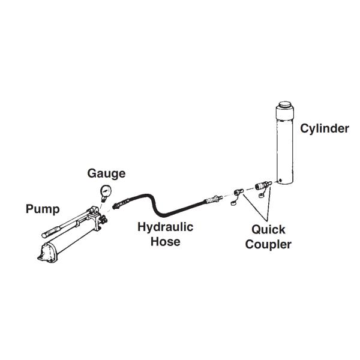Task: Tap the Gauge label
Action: pos(106,174)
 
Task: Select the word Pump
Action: pos(43,209)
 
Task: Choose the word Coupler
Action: pos(268,244)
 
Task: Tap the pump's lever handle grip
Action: pos(50,230)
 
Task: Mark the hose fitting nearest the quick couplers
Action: pos(214,197)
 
